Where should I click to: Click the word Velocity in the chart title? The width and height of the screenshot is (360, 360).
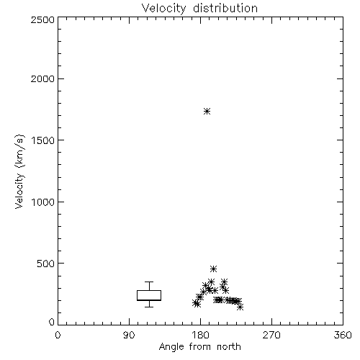tap(163, 9)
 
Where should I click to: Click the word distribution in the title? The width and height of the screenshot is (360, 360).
tap(225, 8)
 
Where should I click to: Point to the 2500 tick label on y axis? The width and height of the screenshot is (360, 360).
tap(42, 19)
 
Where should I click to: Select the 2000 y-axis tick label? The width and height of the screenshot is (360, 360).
tap(42, 78)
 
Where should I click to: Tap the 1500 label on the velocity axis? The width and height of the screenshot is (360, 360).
tap(43, 140)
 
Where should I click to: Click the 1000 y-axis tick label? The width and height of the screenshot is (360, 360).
tap(43, 202)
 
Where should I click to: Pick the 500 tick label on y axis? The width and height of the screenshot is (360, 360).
tap(46, 264)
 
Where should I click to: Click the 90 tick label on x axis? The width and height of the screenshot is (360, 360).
tap(129, 335)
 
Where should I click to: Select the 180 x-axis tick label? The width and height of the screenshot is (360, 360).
tap(200, 335)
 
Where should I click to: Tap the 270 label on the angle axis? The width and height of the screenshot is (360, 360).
tap(271, 335)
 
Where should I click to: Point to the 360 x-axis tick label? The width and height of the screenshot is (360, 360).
tap(343, 335)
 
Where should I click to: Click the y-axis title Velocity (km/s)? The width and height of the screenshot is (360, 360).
tap(19, 171)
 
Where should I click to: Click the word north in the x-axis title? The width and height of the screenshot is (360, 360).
tap(229, 346)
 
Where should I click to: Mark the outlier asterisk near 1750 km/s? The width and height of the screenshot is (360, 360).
tap(207, 112)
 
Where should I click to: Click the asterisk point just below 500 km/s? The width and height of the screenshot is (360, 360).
tap(213, 269)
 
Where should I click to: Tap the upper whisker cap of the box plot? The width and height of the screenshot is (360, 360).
tap(149, 282)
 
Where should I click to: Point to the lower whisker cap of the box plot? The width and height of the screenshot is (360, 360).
tap(149, 307)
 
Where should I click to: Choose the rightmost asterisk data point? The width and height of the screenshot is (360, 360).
tap(240, 307)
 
